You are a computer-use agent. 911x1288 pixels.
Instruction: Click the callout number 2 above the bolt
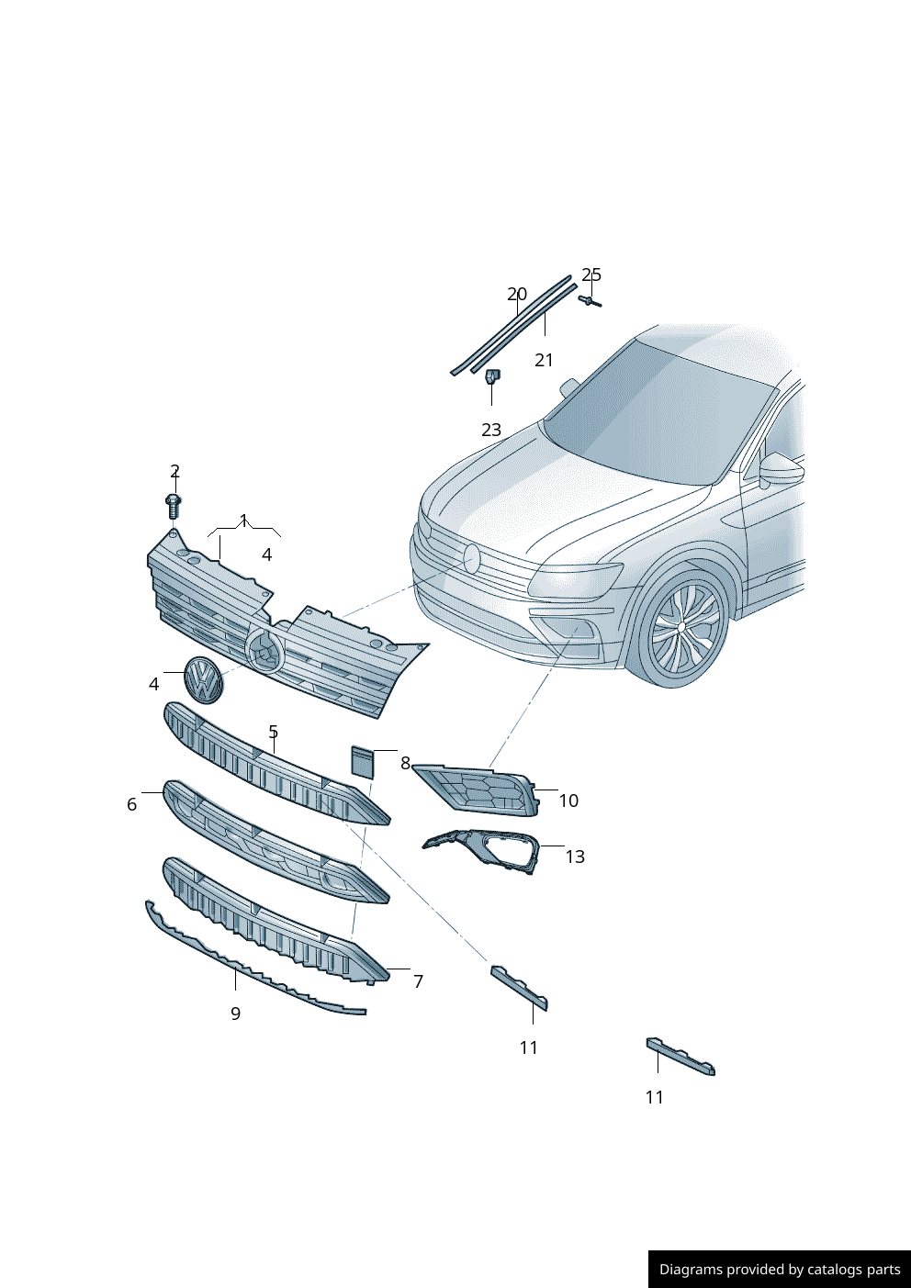tap(174, 471)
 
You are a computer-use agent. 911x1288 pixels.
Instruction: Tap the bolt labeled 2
tap(173, 504)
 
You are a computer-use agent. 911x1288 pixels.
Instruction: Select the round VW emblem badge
tap(204, 680)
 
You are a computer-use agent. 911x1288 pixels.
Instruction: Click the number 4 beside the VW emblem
tap(153, 684)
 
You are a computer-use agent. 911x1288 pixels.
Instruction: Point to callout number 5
tap(273, 732)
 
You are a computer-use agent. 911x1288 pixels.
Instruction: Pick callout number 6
tap(131, 804)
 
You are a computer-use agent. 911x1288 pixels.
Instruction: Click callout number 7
tap(418, 981)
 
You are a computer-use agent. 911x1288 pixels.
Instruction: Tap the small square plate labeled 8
tap(364, 762)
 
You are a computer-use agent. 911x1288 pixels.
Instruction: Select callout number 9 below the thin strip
tap(235, 1014)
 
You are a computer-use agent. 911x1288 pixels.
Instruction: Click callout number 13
tap(575, 857)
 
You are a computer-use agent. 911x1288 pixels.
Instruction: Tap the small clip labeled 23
tap(492, 376)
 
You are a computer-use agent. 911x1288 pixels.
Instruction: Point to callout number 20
tap(517, 295)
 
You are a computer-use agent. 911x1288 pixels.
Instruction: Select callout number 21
tap(544, 360)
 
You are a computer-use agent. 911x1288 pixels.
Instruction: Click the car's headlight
tap(574, 578)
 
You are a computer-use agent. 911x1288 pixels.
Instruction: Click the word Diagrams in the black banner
tap(690, 1270)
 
